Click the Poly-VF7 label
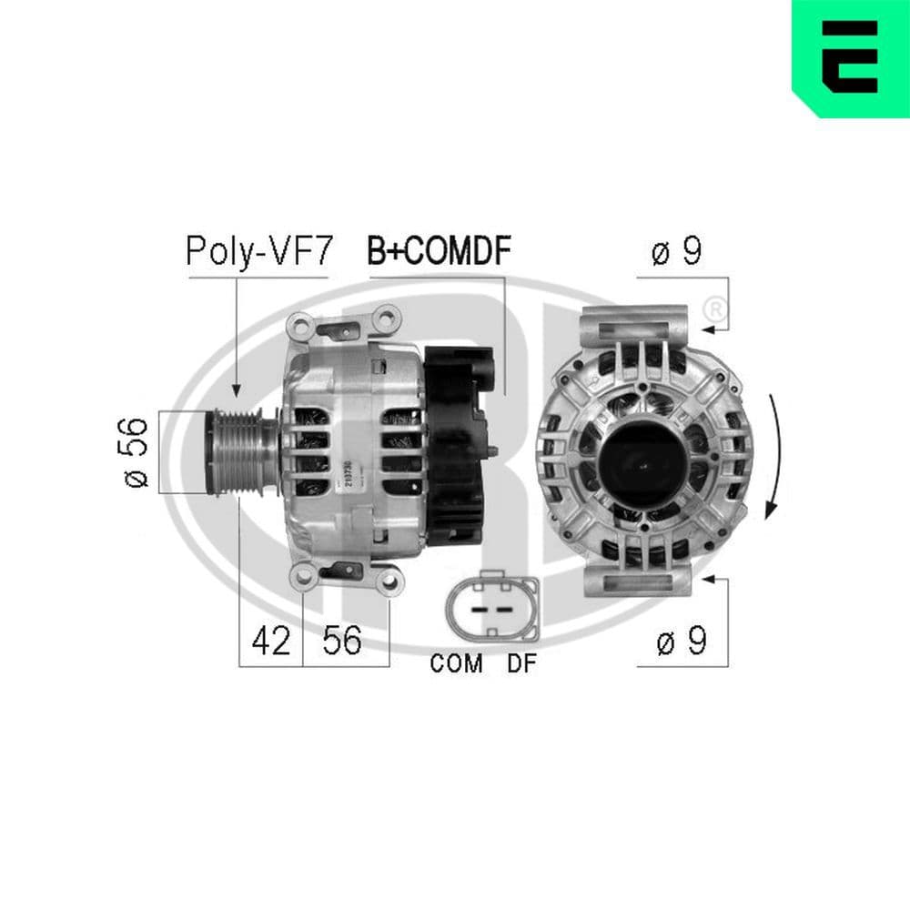click(x=259, y=251)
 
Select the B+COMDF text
click(x=439, y=251)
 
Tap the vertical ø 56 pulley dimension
click(x=134, y=451)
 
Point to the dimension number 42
click(x=271, y=642)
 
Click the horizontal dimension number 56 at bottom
click(x=342, y=642)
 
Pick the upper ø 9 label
click(x=677, y=252)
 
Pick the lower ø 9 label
click(x=682, y=642)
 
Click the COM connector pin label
click(x=456, y=664)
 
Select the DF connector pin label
click(x=522, y=664)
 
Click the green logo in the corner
click(x=850, y=57)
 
